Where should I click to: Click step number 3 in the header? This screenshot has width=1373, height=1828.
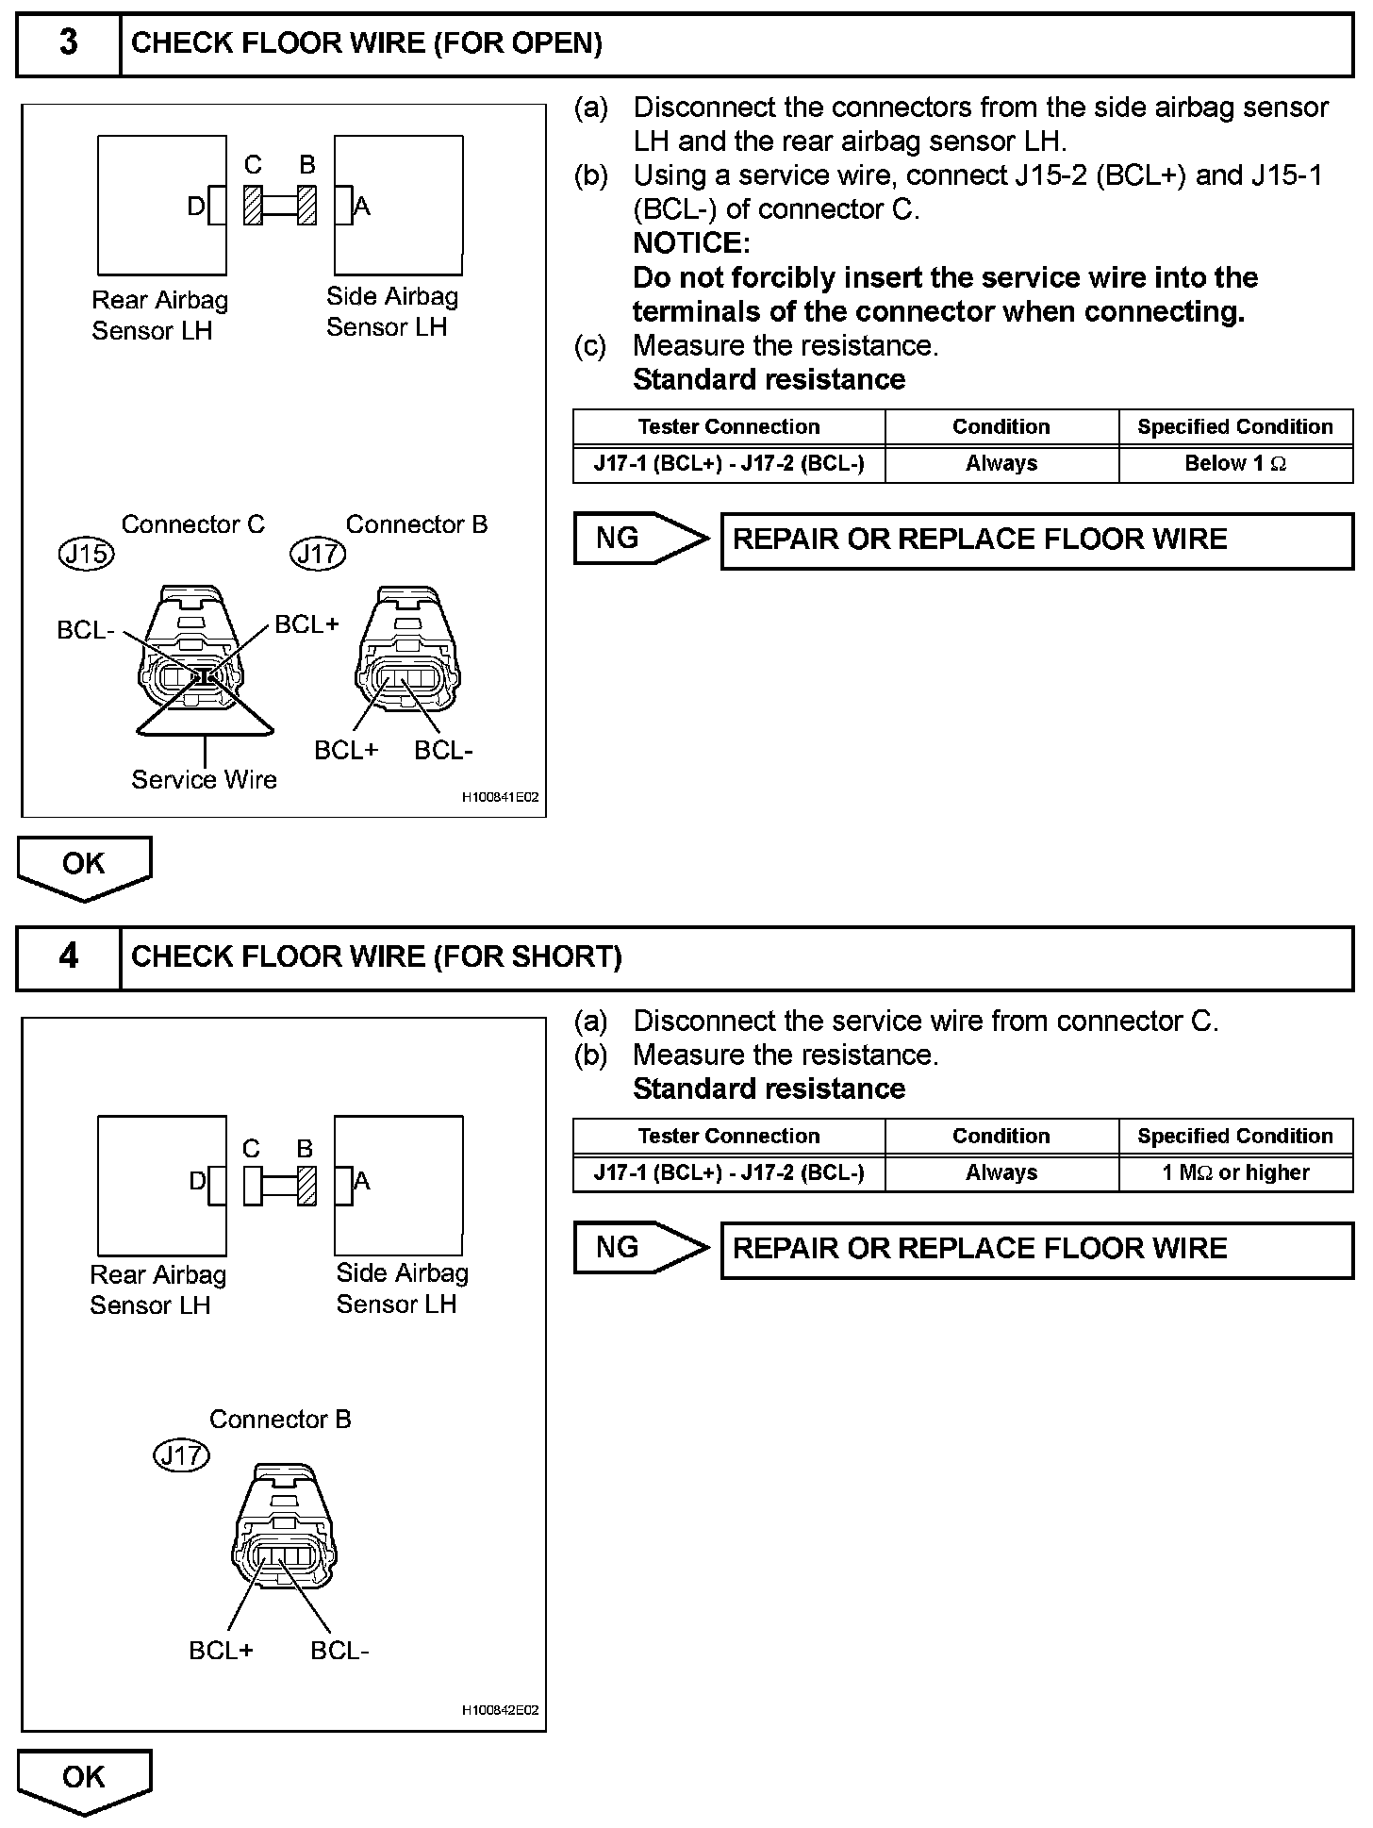click(x=69, y=43)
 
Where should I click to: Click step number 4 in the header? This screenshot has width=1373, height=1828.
click(x=69, y=956)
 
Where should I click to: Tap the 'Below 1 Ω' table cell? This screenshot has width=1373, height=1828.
click(x=1235, y=464)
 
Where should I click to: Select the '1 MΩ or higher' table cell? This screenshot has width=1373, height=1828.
click(x=1235, y=1173)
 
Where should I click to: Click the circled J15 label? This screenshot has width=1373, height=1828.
click(x=86, y=554)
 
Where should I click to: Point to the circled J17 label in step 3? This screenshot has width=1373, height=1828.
click(x=318, y=554)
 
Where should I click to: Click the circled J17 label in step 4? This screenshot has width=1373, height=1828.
click(x=181, y=1455)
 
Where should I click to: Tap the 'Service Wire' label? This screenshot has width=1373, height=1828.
click(x=204, y=780)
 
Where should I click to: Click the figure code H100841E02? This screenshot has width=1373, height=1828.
click(x=500, y=798)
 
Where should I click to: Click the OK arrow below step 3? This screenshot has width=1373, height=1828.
click(x=84, y=866)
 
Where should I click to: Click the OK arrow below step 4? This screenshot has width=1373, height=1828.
click(x=84, y=1779)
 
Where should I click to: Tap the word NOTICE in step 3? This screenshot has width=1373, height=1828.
click(x=691, y=243)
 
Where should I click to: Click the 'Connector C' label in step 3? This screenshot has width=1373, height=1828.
click(x=193, y=524)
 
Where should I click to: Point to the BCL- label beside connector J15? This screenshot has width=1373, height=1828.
click(x=86, y=630)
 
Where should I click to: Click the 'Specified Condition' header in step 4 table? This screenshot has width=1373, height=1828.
click(x=1235, y=1137)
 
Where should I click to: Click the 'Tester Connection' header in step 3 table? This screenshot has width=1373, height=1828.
click(x=729, y=427)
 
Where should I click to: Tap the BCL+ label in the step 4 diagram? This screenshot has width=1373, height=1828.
click(x=221, y=1651)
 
